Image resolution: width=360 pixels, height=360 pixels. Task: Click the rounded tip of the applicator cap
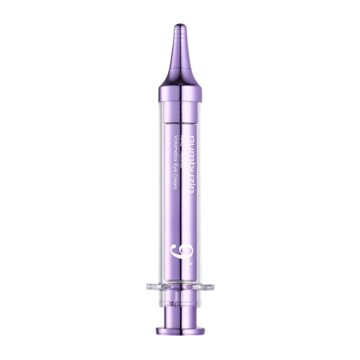[x=180, y=25]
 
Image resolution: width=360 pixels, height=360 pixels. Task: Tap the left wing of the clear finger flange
[x=153, y=287]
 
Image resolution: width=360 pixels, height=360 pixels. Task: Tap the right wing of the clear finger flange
[x=207, y=287]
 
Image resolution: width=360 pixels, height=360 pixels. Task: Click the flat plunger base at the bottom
[x=180, y=331]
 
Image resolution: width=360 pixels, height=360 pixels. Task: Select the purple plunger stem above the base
[x=180, y=313]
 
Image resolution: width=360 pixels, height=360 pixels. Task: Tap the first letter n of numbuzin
[x=191, y=138]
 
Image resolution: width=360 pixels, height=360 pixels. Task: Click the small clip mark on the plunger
[x=180, y=299]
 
